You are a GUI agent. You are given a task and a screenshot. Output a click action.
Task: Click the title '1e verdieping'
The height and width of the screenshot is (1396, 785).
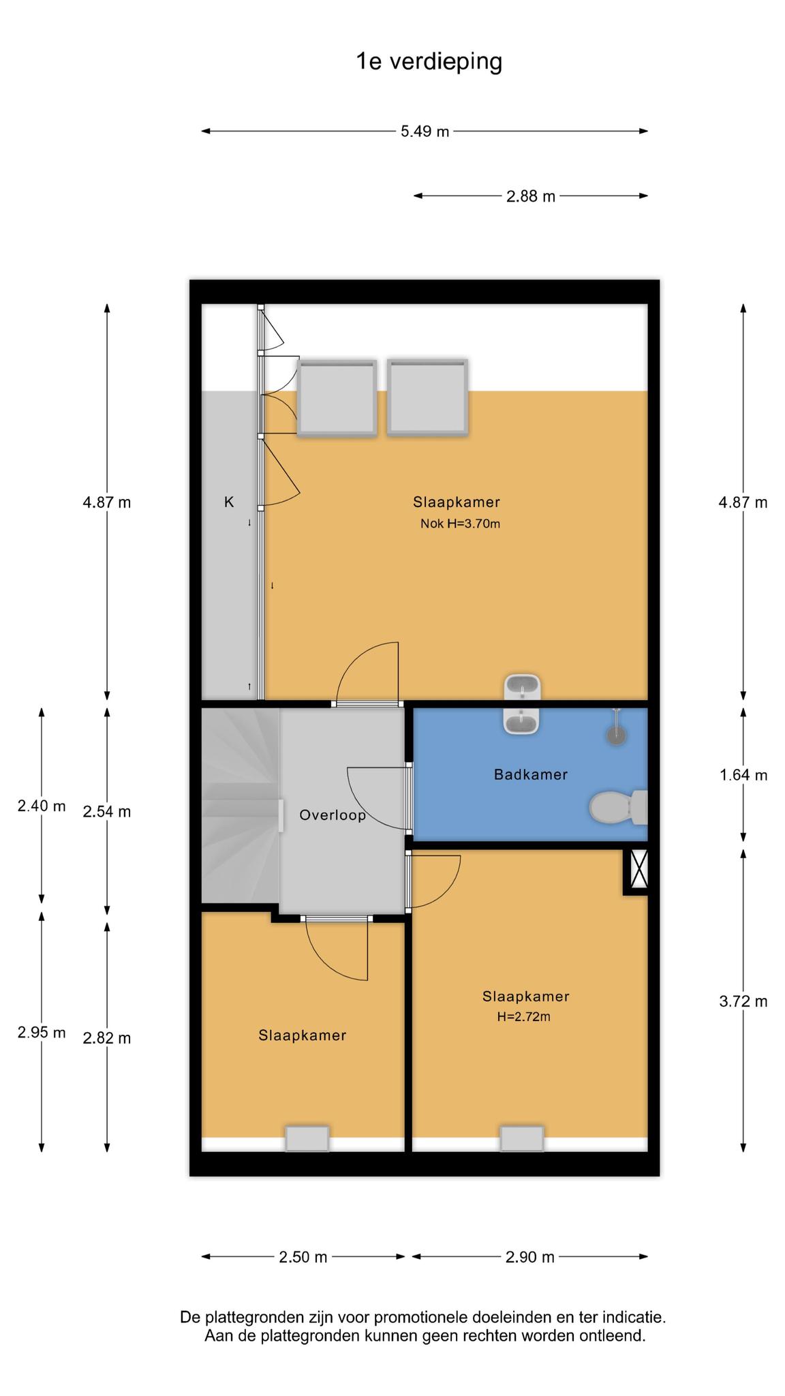tap(429, 62)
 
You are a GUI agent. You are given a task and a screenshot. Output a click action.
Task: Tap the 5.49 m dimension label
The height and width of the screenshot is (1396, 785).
tap(425, 131)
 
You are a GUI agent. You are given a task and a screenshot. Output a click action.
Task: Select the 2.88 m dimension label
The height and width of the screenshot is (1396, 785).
tap(531, 196)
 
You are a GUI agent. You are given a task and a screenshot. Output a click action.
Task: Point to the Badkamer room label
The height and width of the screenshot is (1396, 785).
tap(531, 774)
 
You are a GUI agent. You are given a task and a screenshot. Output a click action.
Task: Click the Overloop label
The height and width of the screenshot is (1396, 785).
tap(333, 815)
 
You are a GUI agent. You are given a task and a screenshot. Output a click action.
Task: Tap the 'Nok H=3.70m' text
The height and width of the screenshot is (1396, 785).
tap(460, 523)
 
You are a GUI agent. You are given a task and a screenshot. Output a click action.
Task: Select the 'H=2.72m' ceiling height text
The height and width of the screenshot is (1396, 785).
tap(523, 1017)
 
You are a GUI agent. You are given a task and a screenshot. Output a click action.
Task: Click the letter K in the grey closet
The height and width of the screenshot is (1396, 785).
tap(229, 502)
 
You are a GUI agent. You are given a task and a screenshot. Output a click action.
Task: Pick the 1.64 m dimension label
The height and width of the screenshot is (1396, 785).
tap(743, 775)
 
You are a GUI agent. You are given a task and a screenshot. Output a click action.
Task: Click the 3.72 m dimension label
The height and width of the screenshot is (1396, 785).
tap(743, 1001)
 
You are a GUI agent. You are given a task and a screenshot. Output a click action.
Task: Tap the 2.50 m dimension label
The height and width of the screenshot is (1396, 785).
tap(303, 1257)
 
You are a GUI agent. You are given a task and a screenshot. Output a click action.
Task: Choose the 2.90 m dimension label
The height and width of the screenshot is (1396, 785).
tap(530, 1257)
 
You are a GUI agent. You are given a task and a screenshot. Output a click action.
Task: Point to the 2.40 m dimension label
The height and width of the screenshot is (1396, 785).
tap(42, 806)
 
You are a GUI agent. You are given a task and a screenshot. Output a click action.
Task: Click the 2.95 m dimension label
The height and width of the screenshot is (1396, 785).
tap(42, 1033)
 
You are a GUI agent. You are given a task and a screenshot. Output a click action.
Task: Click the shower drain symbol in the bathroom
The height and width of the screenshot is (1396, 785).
tap(616, 735)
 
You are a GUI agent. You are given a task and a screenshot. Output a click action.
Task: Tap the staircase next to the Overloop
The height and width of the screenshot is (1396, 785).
tap(241, 806)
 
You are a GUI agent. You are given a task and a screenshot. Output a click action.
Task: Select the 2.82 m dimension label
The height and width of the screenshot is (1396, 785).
tap(107, 1038)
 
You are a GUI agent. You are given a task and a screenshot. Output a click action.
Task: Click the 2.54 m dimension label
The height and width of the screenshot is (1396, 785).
tap(107, 812)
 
